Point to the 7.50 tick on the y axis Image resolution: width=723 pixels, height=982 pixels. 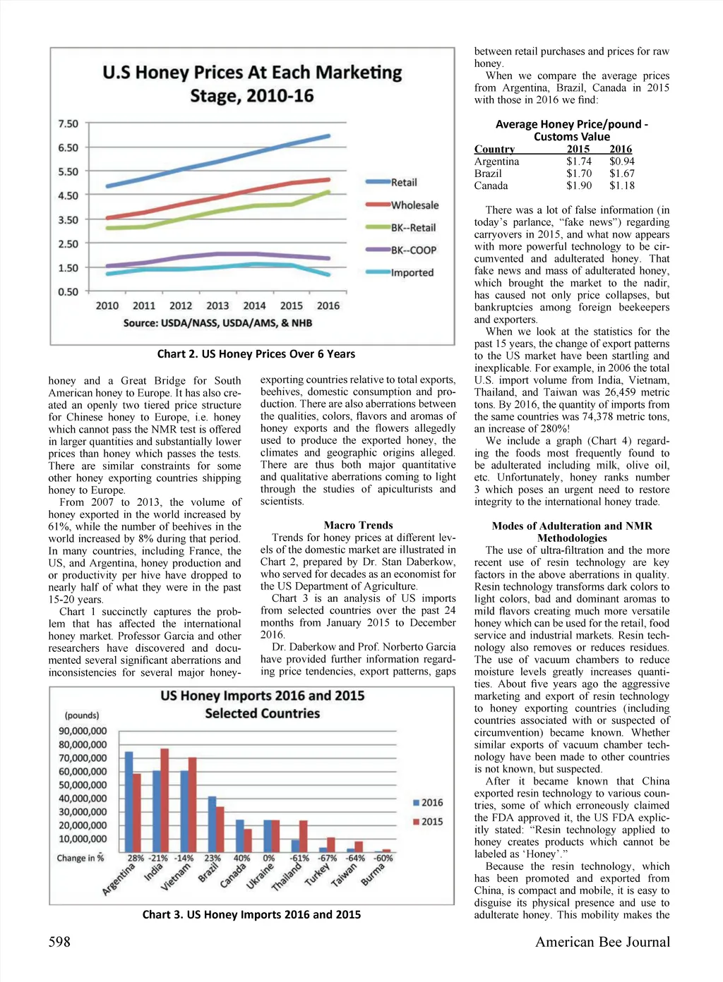(68, 124)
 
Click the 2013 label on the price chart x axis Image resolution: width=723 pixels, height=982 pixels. (217, 306)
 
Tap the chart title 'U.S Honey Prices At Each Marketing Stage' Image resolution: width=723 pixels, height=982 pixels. (252, 84)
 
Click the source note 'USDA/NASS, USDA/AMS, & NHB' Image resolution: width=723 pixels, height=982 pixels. (217, 323)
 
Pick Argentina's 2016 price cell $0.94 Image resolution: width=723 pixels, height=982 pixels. (622, 162)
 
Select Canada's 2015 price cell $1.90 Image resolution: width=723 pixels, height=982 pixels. (579, 186)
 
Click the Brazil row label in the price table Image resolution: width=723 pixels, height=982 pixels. (488, 174)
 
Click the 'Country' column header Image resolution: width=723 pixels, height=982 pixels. (494, 149)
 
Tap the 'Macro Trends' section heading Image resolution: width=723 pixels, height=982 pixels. (358, 525)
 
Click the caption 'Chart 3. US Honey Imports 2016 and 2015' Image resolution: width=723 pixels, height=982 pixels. (251, 915)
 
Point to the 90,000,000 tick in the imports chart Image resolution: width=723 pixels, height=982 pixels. (83, 732)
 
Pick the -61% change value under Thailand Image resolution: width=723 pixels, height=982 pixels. (299, 859)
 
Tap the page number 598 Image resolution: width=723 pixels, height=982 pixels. (59, 942)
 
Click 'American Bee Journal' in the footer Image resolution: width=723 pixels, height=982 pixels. (602, 942)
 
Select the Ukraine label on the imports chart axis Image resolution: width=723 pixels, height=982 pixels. (261, 877)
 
